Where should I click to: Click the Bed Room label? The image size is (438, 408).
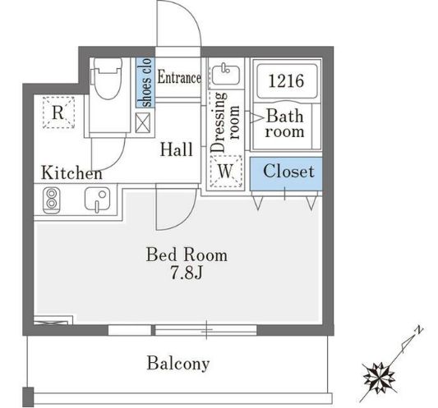187,254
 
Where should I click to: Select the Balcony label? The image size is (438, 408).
178,363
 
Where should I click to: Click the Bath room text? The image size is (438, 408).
285,124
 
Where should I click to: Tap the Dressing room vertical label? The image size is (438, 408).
225,127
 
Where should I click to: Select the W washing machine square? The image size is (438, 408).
225,172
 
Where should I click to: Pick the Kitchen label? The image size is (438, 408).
72,173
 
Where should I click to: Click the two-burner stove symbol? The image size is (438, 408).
53,199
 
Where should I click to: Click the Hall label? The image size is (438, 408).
177,149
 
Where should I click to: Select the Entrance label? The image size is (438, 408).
178,79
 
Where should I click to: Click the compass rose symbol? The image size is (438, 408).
380,375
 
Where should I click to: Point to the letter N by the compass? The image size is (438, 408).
419,332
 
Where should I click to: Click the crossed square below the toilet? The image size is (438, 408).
144,122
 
